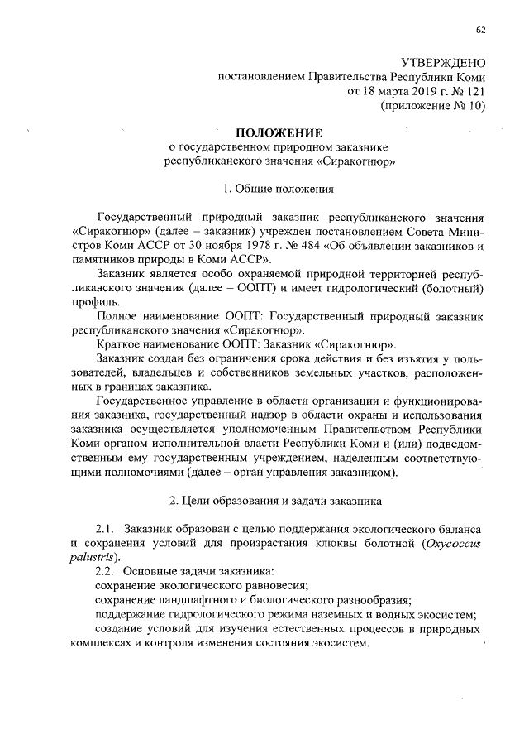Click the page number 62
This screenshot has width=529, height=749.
pos(480,31)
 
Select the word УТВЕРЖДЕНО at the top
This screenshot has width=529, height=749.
pos(442,64)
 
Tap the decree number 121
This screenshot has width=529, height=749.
pos(474,92)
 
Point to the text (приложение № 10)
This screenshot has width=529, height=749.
pos(432,106)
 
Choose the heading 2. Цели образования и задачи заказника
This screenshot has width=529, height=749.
pos(274,501)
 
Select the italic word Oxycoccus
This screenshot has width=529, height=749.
pos(454,542)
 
